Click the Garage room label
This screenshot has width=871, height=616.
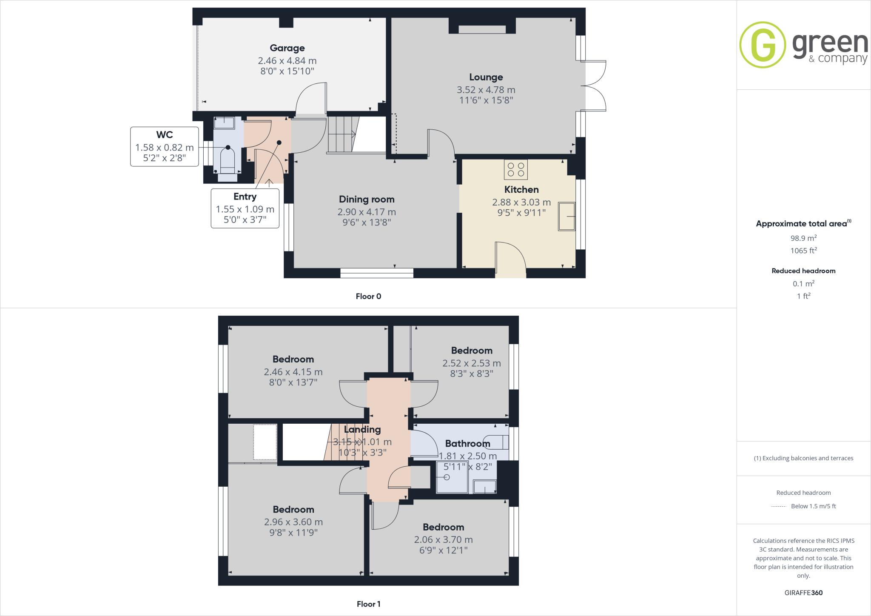[x=287, y=48]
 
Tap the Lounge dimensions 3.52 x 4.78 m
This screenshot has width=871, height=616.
[x=486, y=90]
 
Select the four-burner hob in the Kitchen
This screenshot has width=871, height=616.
[x=516, y=169]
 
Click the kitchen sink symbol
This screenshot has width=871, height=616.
[x=566, y=217]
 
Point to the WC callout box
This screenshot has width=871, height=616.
[x=164, y=146]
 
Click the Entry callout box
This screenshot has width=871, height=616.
[x=245, y=208]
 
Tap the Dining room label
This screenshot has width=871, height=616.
[x=367, y=199]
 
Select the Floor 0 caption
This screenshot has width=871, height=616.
[x=368, y=297]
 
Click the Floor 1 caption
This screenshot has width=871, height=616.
[x=368, y=604]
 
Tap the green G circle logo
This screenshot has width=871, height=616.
[x=763, y=45]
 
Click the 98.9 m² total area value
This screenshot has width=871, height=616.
[x=803, y=238]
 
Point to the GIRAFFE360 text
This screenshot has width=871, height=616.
[x=803, y=593]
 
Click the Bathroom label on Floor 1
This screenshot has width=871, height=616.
[x=467, y=444]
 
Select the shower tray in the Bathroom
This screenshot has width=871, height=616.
[x=452, y=478]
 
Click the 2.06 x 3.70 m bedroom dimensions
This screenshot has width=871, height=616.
[x=443, y=539]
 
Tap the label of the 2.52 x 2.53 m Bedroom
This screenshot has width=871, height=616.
[x=472, y=351]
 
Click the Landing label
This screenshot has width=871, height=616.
[x=362, y=430]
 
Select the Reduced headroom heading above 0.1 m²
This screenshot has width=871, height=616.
[x=803, y=271]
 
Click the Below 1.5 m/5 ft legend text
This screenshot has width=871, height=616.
[x=813, y=506]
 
